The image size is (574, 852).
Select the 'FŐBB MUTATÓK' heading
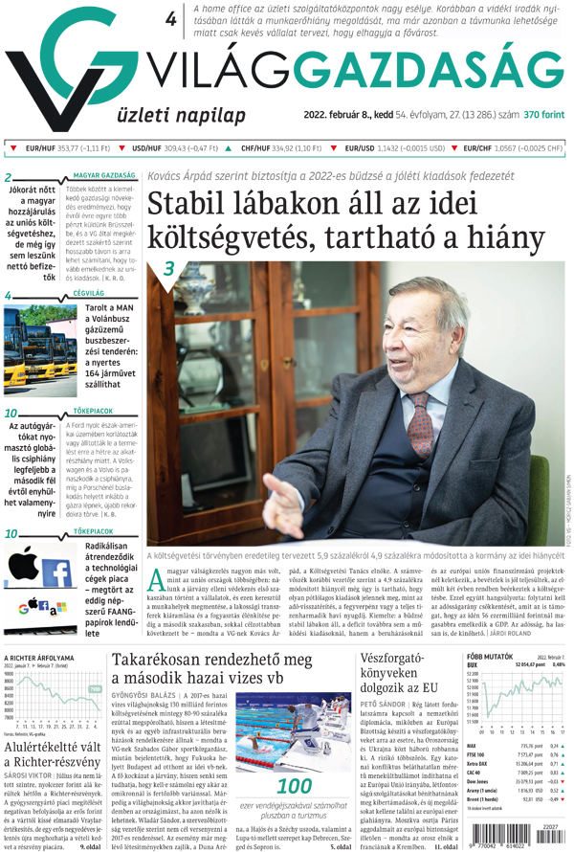[488, 658]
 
